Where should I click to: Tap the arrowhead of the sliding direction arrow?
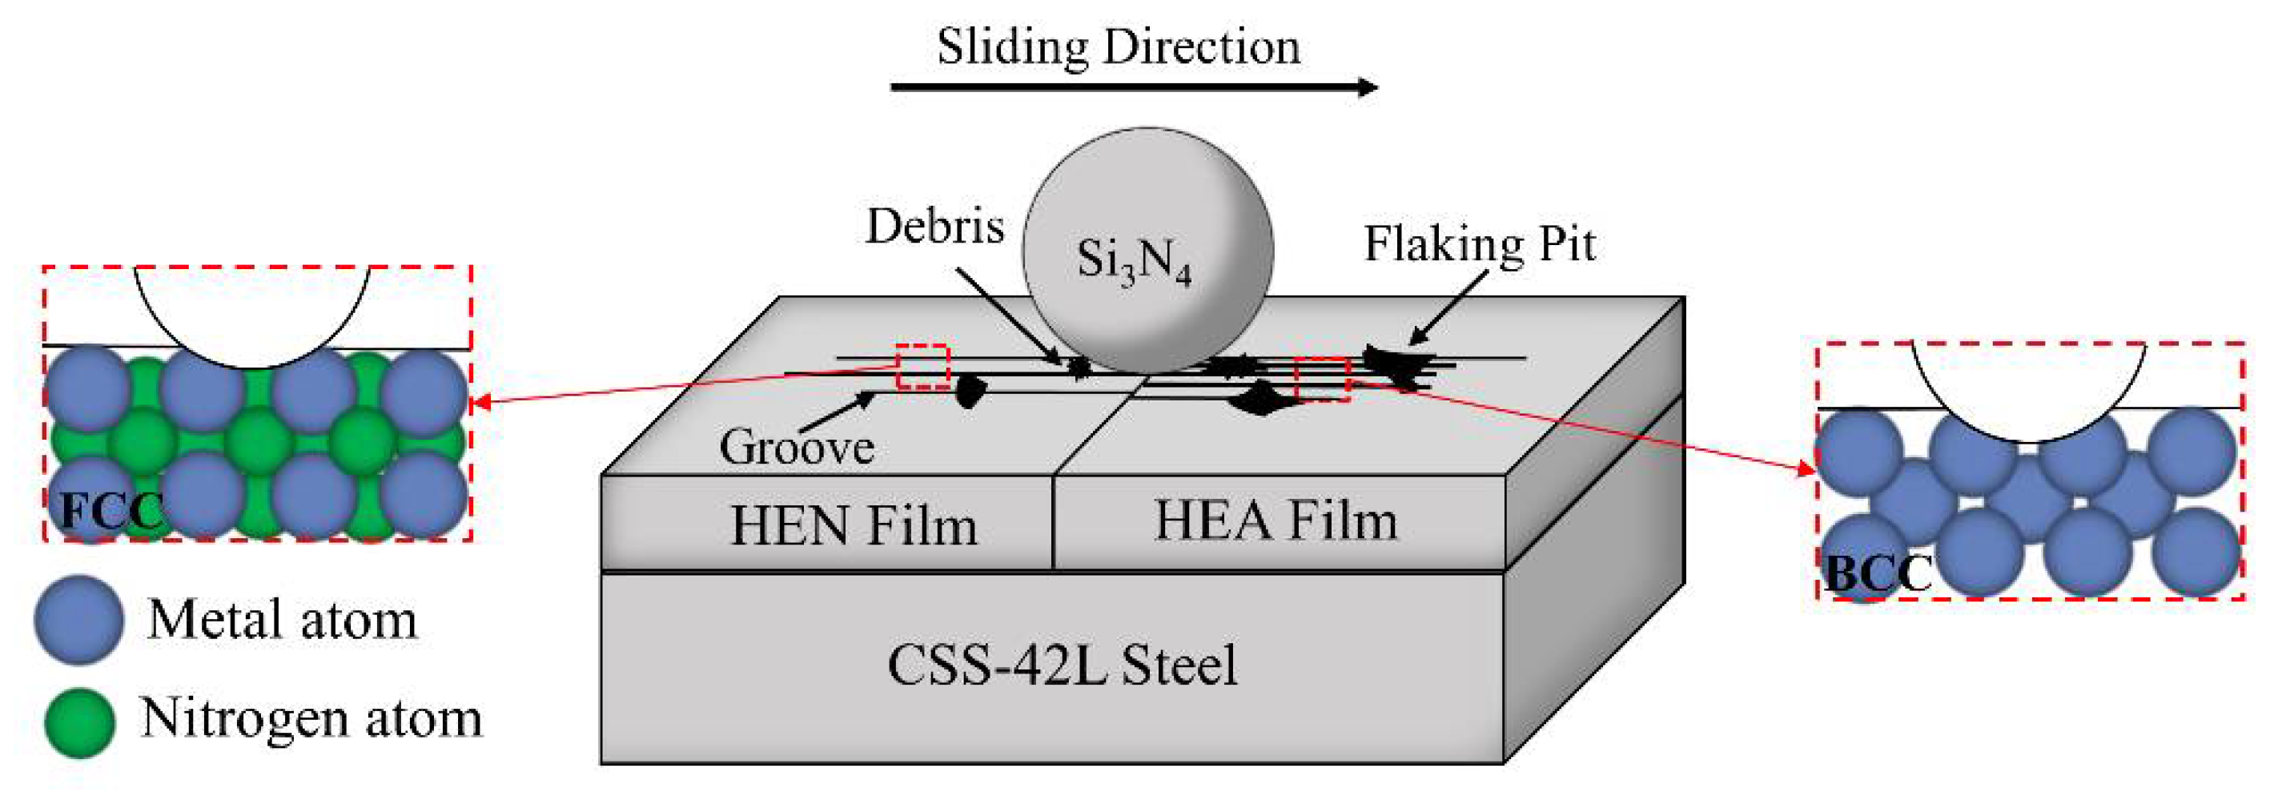click(1368, 86)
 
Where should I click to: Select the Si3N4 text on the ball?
click(1134, 262)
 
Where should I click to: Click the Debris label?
click(934, 227)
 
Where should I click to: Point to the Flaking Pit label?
click(1480, 244)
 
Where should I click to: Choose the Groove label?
click(796, 446)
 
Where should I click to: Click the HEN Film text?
click(854, 526)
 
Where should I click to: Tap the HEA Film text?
click(1276, 521)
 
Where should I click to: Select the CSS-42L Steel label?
click(1061, 665)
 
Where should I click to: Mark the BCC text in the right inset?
click(1878, 573)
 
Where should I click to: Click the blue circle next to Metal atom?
click(78, 620)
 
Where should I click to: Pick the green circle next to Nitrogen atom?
click(79, 722)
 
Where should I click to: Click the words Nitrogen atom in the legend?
click(311, 718)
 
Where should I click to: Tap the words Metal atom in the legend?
click(282, 620)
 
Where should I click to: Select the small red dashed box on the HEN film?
click(922, 367)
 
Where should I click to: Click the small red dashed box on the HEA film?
click(1322, 380)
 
